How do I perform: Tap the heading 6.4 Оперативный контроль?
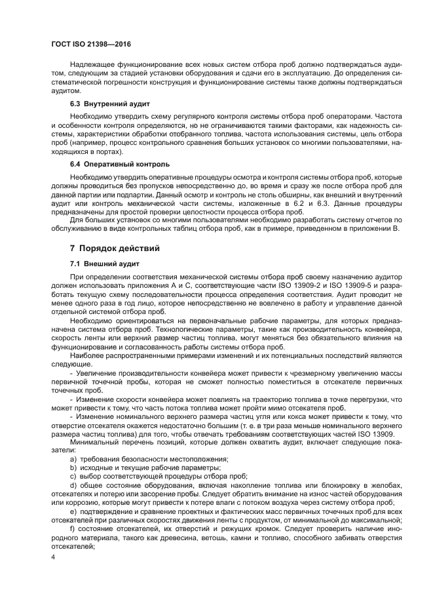115,163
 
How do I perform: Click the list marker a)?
73,459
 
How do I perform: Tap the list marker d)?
73,484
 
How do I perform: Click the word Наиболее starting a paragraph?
86,355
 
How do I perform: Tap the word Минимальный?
96,442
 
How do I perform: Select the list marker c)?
73,476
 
